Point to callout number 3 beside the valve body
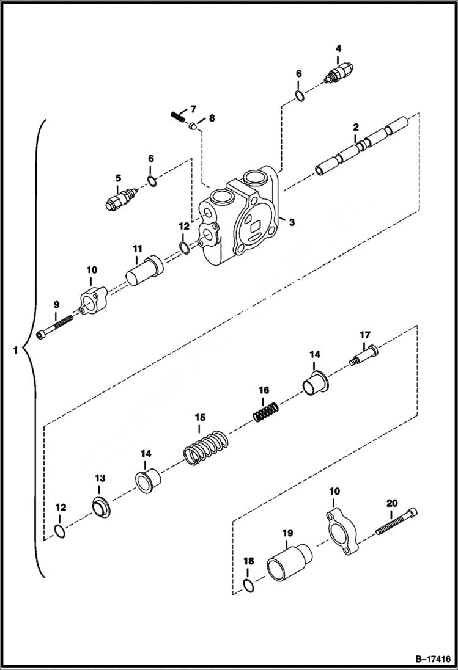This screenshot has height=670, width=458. click(292, 223)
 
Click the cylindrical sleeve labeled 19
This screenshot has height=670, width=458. click(288, 561)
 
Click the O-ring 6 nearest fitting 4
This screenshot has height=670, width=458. click(299, 95)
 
